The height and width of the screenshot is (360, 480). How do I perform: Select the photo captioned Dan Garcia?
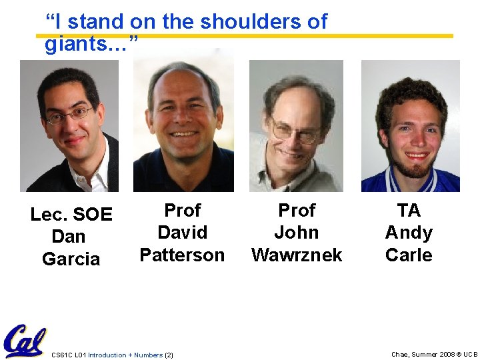[69, 126]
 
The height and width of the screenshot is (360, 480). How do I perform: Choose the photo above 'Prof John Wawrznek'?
[296, 126]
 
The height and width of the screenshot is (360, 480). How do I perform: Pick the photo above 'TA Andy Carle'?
[410, 126]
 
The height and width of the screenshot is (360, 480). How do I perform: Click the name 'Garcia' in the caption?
[71, 259]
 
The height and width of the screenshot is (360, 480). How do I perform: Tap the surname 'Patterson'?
[182, 255]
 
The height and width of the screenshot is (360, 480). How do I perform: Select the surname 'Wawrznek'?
[297, 255]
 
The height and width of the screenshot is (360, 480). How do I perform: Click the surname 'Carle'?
[409, 255]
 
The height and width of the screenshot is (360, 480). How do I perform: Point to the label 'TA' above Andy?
[409, 210]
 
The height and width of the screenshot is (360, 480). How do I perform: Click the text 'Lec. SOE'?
[71, 215]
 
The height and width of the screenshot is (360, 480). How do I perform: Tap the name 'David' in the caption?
[182, 233]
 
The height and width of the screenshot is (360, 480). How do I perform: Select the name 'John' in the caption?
[297, 233]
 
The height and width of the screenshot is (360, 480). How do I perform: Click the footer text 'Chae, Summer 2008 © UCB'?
[434, 355]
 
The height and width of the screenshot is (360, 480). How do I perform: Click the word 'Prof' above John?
[297, 210]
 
